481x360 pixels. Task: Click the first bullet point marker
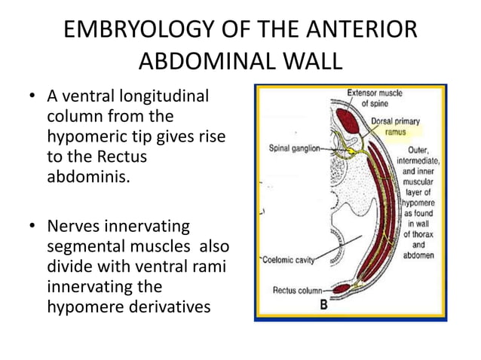(x=32, y=98)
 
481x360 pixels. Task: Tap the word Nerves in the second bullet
(x=73, y=227)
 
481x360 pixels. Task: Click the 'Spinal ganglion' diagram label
(x=294, y=148)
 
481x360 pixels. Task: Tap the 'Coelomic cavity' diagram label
(x=290, y=258)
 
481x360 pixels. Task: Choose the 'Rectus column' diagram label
(x=296, y=289)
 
